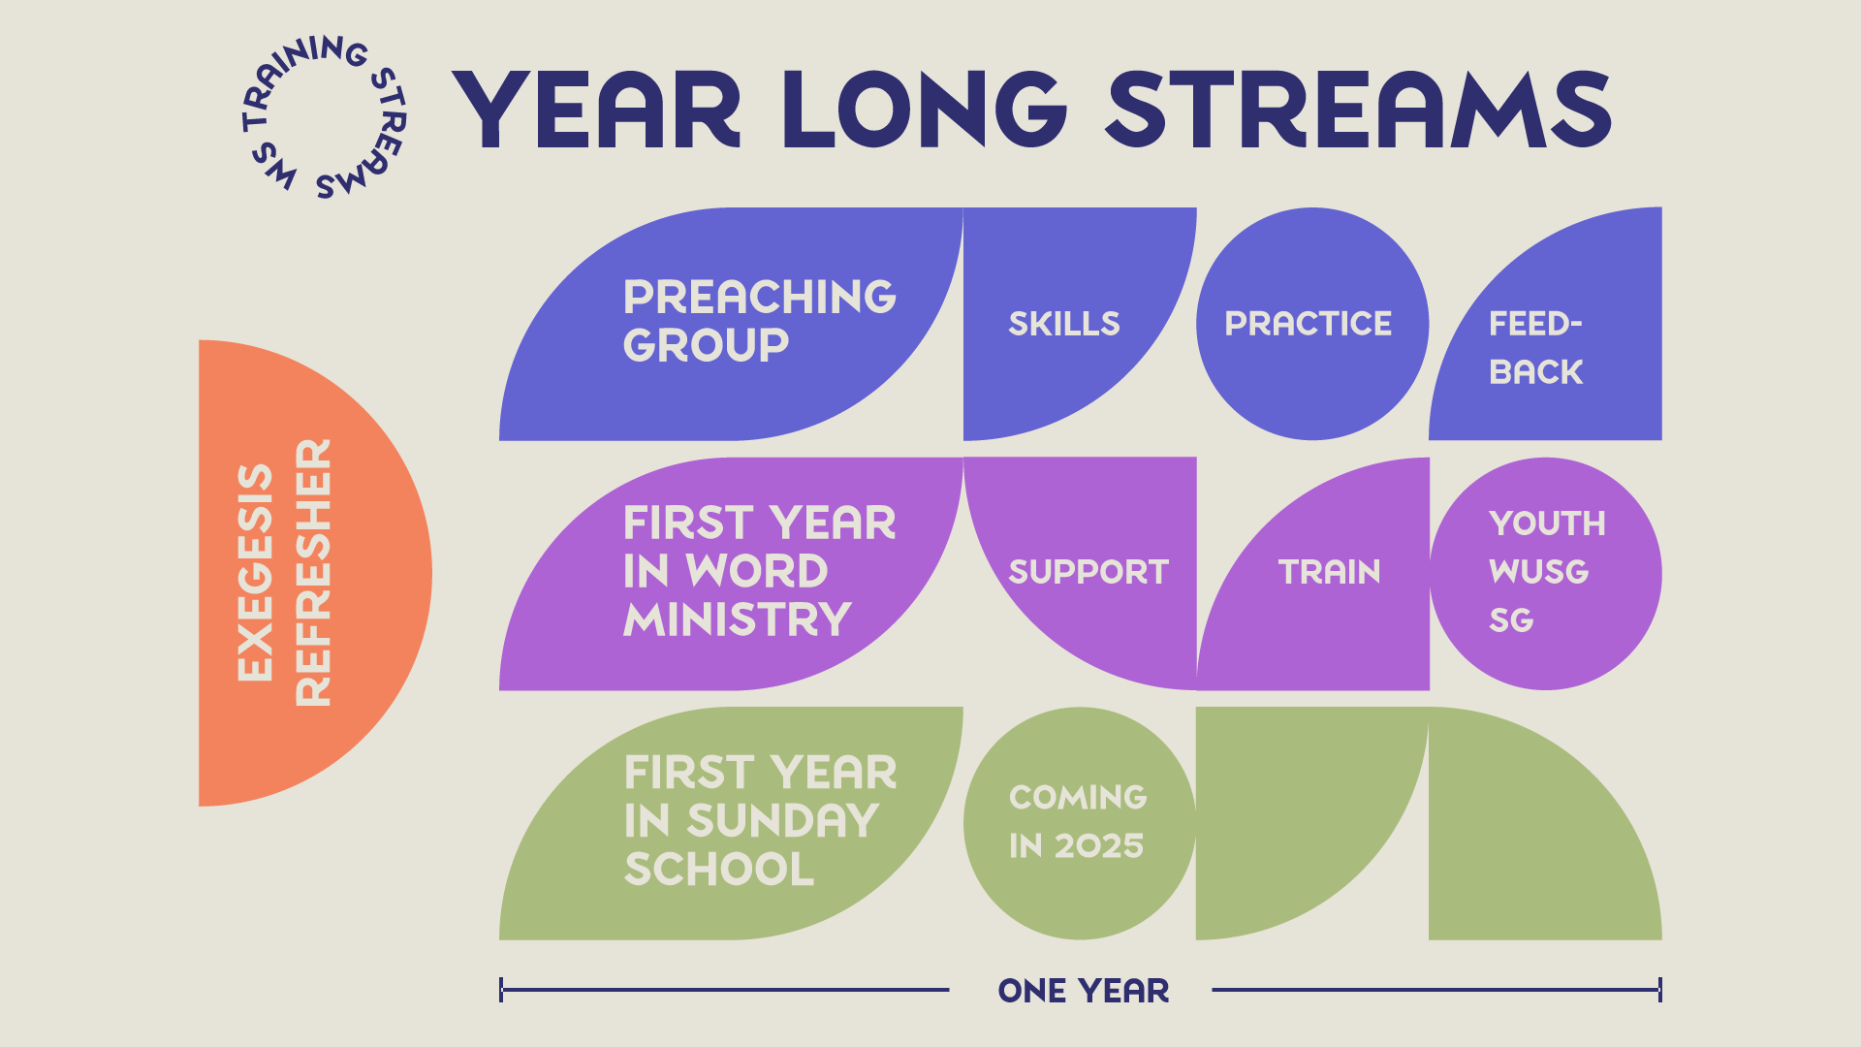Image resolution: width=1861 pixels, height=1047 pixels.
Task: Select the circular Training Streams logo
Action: coord(323,117)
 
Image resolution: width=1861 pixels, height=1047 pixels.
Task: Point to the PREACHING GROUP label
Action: coord(760,321)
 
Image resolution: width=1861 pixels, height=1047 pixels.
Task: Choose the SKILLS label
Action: coord(1064,324)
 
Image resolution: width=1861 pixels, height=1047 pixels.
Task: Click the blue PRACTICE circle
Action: coord(1312,324)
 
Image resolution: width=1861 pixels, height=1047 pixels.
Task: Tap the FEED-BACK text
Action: coord(1536,348)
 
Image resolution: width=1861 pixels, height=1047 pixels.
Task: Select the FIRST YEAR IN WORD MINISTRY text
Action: coord(760,571)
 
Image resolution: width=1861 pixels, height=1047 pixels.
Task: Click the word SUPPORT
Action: coord(1088,572)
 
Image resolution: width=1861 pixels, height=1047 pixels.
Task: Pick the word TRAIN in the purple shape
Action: coord(1330,572)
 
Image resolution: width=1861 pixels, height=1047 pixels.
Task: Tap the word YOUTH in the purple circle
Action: coord(1548,523)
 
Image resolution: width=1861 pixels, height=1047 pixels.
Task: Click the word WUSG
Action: coord(1539,572)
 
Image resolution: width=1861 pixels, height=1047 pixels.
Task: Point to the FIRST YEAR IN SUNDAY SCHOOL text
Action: coord(761,821)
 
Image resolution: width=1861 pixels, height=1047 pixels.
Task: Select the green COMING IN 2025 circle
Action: coord(1080,823)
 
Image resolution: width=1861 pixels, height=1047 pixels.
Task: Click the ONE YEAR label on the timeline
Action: coord(1084,991)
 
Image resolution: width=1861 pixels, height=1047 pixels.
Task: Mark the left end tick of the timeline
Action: coord(501,990)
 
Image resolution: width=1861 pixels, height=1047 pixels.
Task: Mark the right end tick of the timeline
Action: coord(1660,990)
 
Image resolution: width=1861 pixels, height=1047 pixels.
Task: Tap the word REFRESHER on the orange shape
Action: coord(313,572)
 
